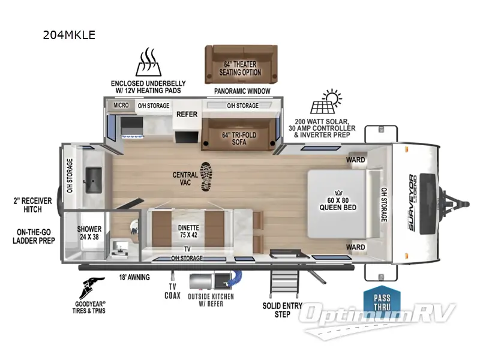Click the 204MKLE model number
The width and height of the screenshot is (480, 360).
tap(68, 35)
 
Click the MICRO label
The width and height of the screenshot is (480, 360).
tap(122, 106)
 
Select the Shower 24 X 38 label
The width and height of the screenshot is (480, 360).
tap(89, 233)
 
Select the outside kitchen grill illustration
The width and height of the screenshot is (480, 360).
tap(207, 281)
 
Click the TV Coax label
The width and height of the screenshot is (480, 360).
tap(172, 291)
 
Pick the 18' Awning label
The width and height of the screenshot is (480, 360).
tap(135, 277)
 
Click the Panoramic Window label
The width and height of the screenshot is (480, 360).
tap(242, 91)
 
